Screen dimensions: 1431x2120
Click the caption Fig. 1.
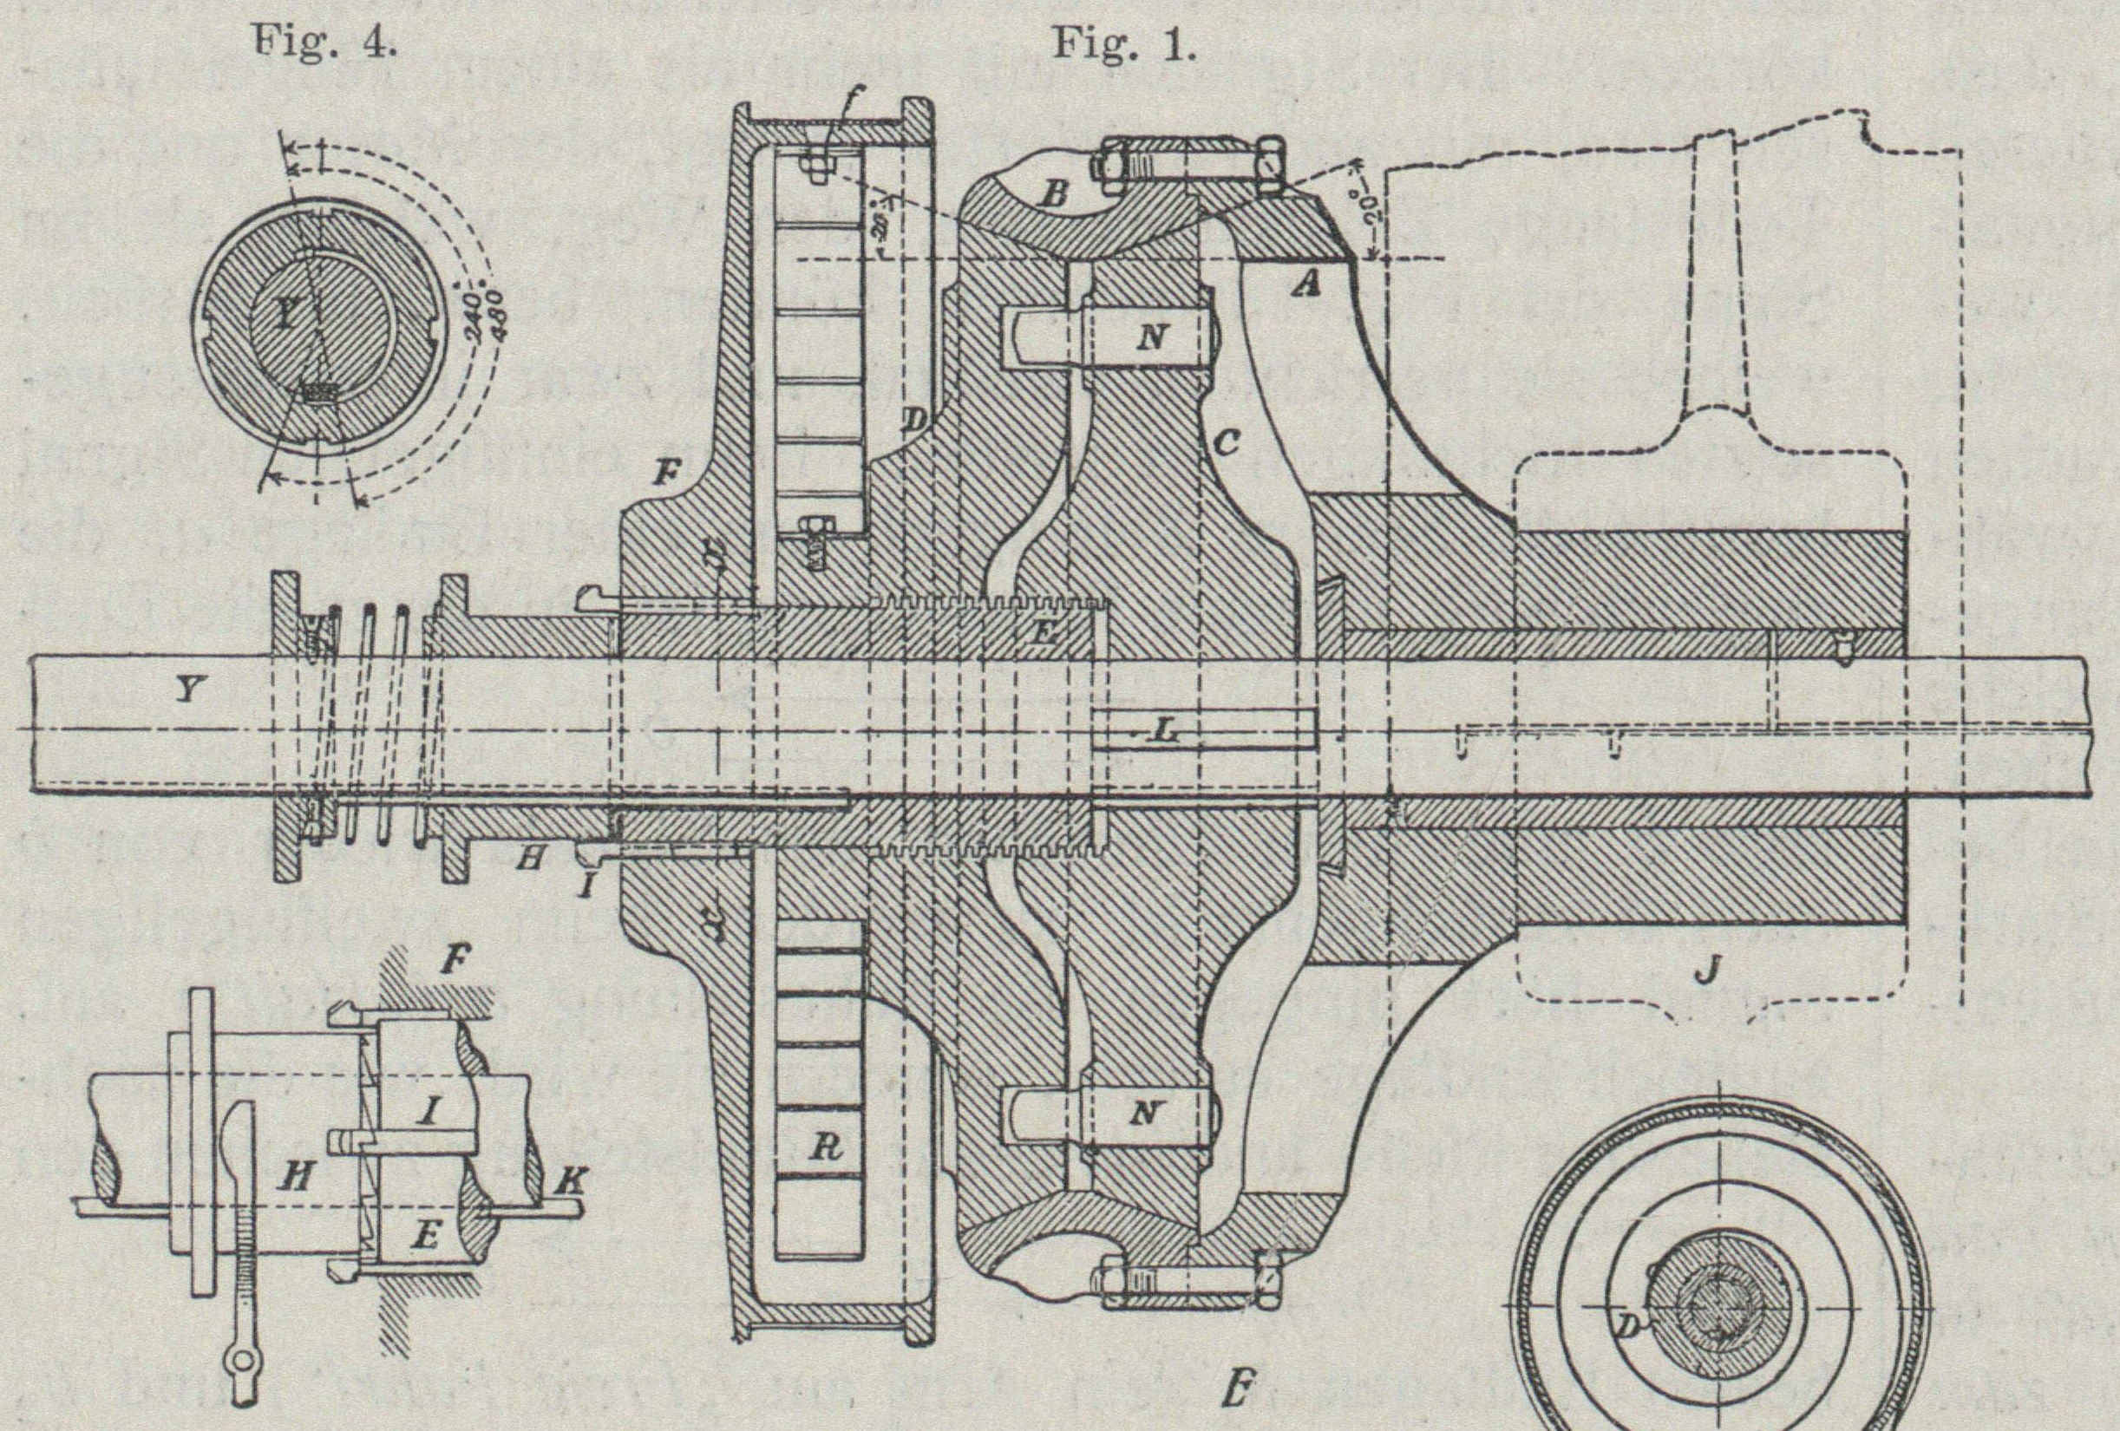click(x=1123, y=42)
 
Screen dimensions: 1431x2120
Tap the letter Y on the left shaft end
click(x=186, y=690)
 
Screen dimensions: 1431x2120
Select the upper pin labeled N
click(x=1152, y=338)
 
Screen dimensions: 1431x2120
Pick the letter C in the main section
click(x=1227, y=443)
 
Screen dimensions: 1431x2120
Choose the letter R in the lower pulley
click(x=825, y=1150)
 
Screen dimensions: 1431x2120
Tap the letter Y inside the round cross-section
click(x=286, y=317)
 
